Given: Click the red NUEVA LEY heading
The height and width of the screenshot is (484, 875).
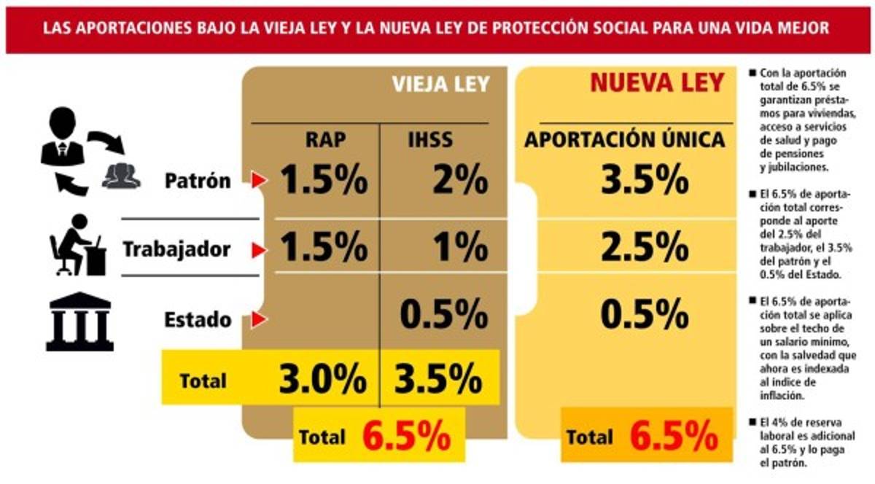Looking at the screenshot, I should click(656, 82).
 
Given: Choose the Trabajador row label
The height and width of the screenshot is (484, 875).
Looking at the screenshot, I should click(176, 249).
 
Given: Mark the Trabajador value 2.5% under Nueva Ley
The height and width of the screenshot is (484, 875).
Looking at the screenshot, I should click(645, 249).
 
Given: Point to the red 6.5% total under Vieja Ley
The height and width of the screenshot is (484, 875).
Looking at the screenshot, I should click(406, 437).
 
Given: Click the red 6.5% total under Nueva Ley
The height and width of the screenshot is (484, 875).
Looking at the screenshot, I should click(674, 437).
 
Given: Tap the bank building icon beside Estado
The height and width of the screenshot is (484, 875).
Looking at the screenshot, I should click(79, 321).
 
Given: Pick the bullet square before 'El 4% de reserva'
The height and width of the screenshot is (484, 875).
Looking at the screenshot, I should click(752, 422).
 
